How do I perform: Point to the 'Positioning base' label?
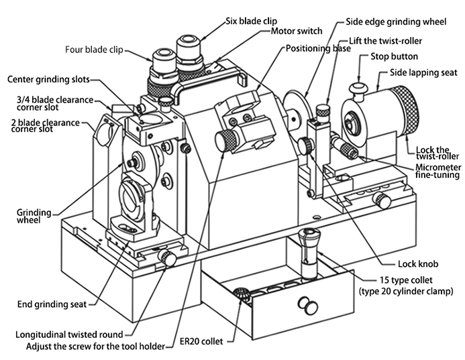click(319, 48)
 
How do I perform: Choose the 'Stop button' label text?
click(395, 57)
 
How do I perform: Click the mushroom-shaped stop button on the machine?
click(359, 88)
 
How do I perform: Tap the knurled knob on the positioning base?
click(225, 140)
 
